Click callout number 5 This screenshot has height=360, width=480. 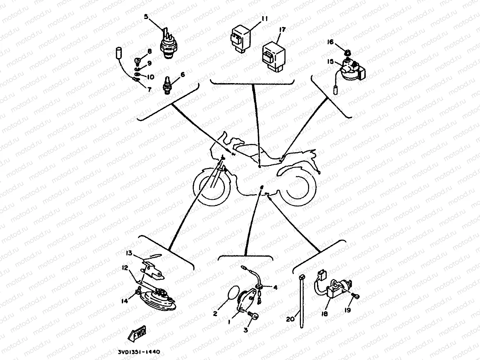tap(146, 16)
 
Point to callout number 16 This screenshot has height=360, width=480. tap(330, 42)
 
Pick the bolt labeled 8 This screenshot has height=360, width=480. tap(137, 54)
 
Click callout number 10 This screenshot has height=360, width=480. tap(150, 77)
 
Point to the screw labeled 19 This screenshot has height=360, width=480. tap(356, 296)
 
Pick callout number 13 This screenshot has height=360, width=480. tap(129, 254)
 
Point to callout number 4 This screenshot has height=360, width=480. tap(275, 287)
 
